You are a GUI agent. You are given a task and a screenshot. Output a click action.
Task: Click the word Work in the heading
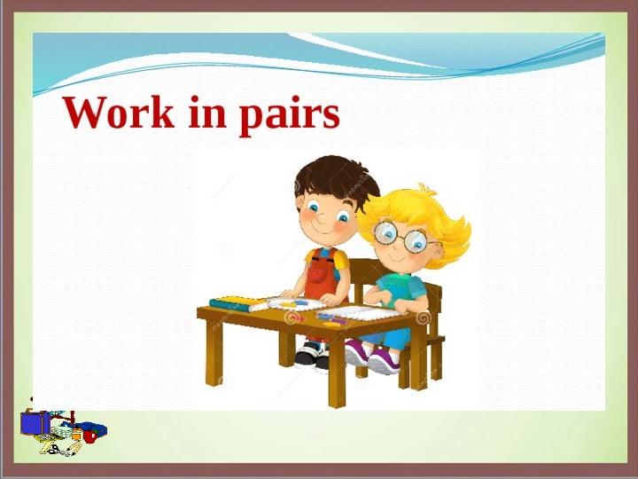(x=118, y=113)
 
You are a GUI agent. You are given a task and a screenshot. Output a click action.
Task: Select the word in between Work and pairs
(x=207, y=112)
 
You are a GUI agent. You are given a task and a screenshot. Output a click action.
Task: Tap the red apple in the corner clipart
(x=89, y=436)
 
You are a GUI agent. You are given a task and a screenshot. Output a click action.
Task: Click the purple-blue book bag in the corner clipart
(x=35, y=422)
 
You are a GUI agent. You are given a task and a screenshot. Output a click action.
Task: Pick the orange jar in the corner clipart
(x=76, y=434)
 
